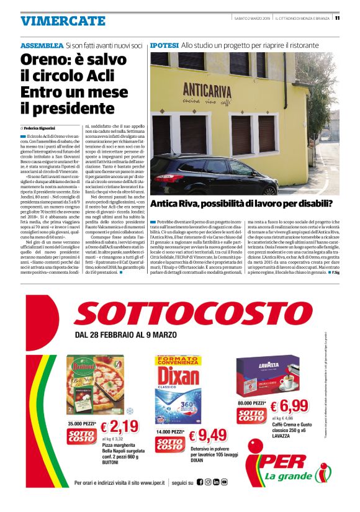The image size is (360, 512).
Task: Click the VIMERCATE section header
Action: click(63, 20)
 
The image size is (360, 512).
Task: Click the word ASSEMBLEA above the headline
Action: click(42, 46)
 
